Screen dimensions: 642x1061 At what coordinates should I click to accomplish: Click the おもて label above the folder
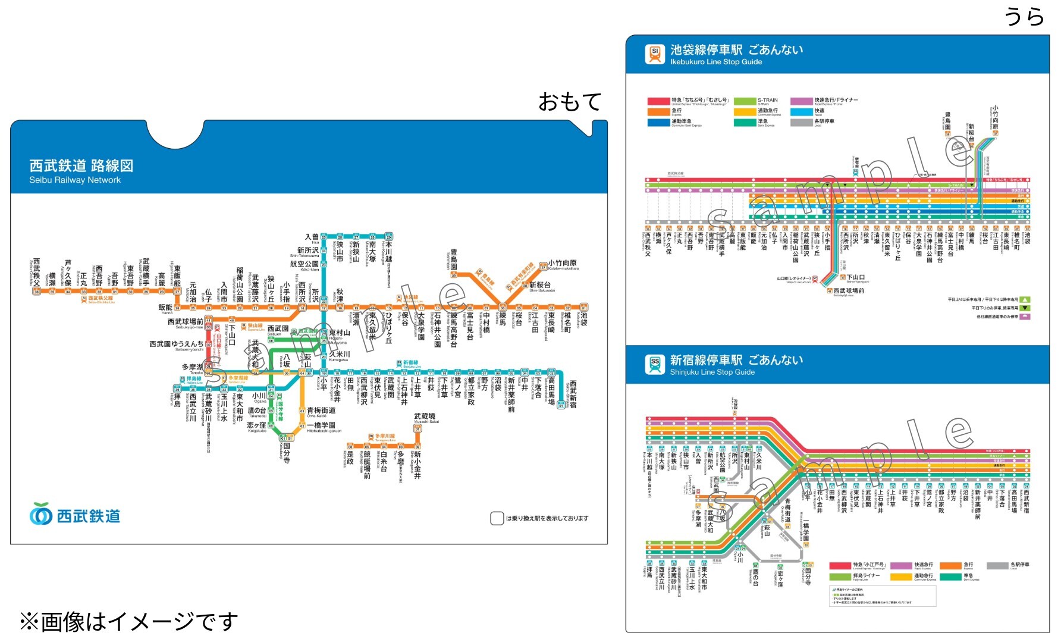[569, 102]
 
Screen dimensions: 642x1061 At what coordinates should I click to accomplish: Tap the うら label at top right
[1024, 16]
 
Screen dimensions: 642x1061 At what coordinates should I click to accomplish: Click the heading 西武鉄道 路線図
[81, 165]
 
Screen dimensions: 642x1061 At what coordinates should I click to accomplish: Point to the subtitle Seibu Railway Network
[75, 180]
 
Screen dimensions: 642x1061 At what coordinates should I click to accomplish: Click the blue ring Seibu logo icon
[41, 514]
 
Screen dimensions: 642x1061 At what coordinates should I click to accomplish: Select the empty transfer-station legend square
[497, 518]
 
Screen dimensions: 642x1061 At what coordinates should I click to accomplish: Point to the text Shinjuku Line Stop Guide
[712, 372]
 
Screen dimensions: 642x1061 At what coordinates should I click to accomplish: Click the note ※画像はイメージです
[128, 622]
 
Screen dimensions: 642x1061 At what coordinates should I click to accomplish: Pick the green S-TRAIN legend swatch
[744, 101]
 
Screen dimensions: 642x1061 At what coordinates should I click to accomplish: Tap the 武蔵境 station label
[425, 416]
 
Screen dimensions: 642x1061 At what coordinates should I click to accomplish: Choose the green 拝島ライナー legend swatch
[840, 576]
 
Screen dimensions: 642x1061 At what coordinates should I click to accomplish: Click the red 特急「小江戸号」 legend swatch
[840, 565]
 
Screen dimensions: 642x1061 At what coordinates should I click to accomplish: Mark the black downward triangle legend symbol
[1025, 308]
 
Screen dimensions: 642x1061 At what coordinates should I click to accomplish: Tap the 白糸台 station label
[384, 461]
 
